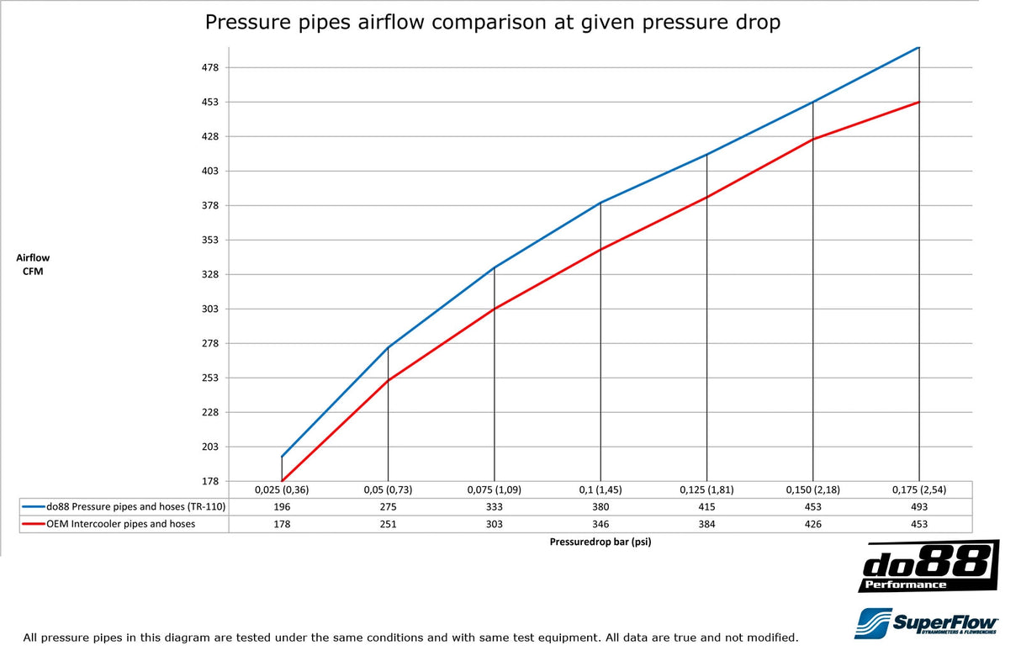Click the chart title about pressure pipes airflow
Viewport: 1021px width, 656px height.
click(x=492, y=23)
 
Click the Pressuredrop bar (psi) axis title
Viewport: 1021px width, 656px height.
click(x=600, y=542)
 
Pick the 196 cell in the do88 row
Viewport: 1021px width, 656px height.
click(x=282, y=507)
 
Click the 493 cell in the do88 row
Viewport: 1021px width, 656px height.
click(x=918, y=507)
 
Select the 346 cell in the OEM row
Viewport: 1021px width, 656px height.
click(x=600, y=524)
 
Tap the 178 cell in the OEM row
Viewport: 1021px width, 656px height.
click(x=282, y=524)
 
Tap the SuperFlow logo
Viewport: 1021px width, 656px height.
click(x=926, y=622)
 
